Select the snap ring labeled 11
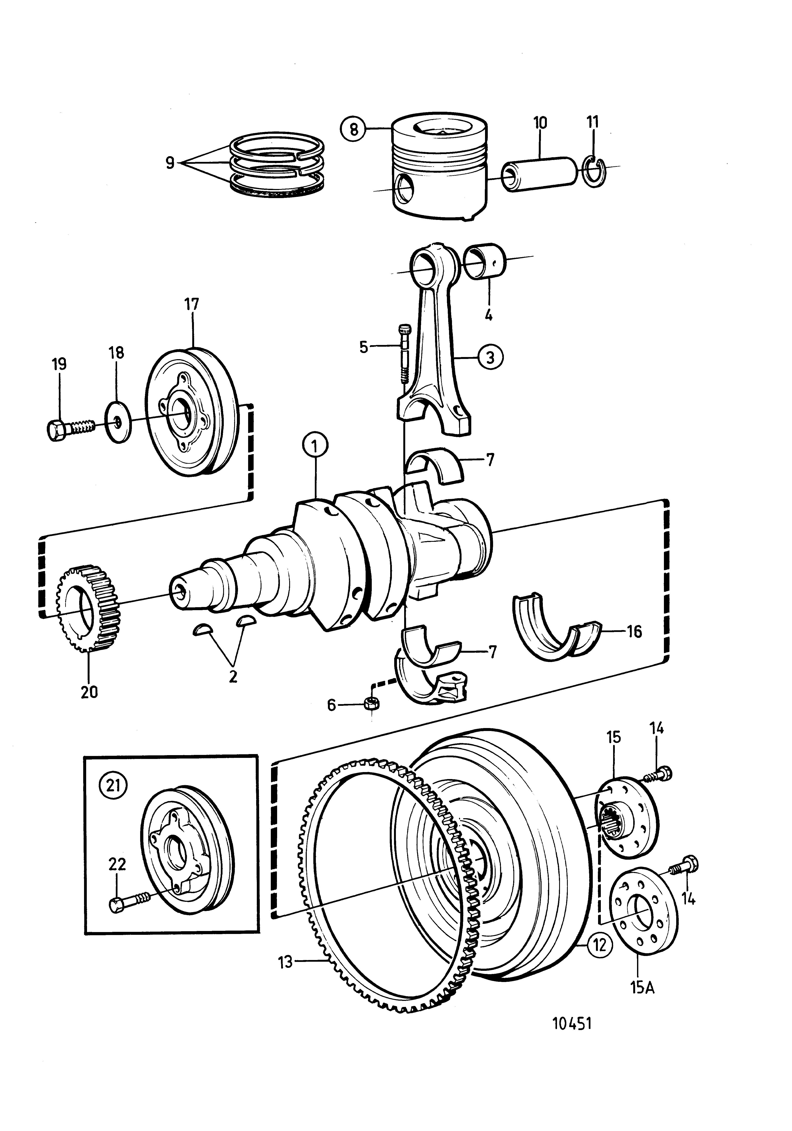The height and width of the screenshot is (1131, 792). point(594,172)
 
